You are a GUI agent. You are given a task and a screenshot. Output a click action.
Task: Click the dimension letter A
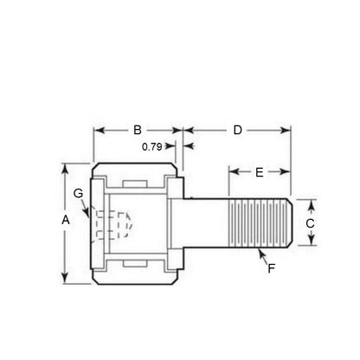[66, 221]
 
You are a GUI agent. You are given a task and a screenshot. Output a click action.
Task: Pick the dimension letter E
[259, 173]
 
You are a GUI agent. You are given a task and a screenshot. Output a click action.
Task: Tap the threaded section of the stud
[260, 222]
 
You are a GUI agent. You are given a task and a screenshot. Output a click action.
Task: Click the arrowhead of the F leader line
[260, 250]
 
